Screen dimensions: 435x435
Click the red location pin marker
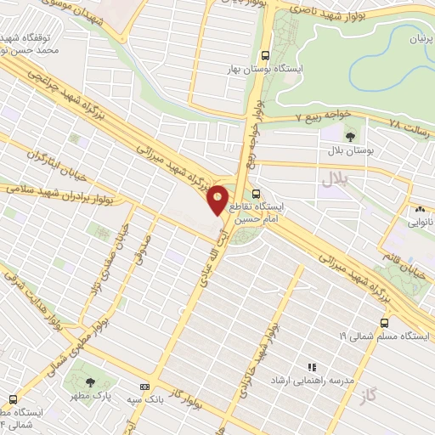(x=217, y=199)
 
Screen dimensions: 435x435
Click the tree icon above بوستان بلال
(x=349, y=135)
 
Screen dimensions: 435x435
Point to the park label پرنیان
(x=405, y=40)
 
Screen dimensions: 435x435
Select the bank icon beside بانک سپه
(x=155, y=385)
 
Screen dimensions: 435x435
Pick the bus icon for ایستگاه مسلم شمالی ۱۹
(x=384, y=323)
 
